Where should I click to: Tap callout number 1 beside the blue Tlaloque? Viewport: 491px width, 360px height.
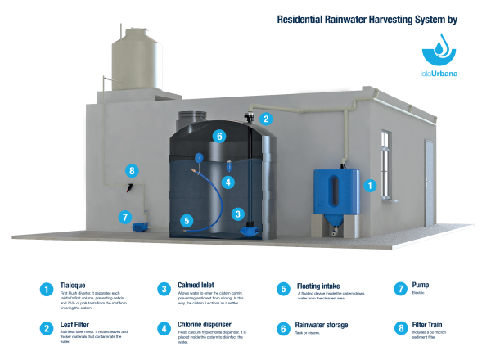pyautogui.click(x=369, y=186)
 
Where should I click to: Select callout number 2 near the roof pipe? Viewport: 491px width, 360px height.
pyautogui.click(x=265, y=119)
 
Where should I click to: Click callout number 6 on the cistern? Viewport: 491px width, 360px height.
pyautogui.click(x=218, y=136)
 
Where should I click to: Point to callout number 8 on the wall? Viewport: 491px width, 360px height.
pyautogui.click(x=131, y=171)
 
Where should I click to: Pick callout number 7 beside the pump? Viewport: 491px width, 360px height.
pyautogui.click(x=124, y=218)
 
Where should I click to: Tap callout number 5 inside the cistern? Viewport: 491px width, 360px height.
pyautogui.click(x=187, y=220)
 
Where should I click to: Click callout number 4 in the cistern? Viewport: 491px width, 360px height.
pyautogui.click(x=228, y=182)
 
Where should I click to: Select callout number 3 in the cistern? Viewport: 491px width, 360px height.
pyautogui.click(x=238, y=214)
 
